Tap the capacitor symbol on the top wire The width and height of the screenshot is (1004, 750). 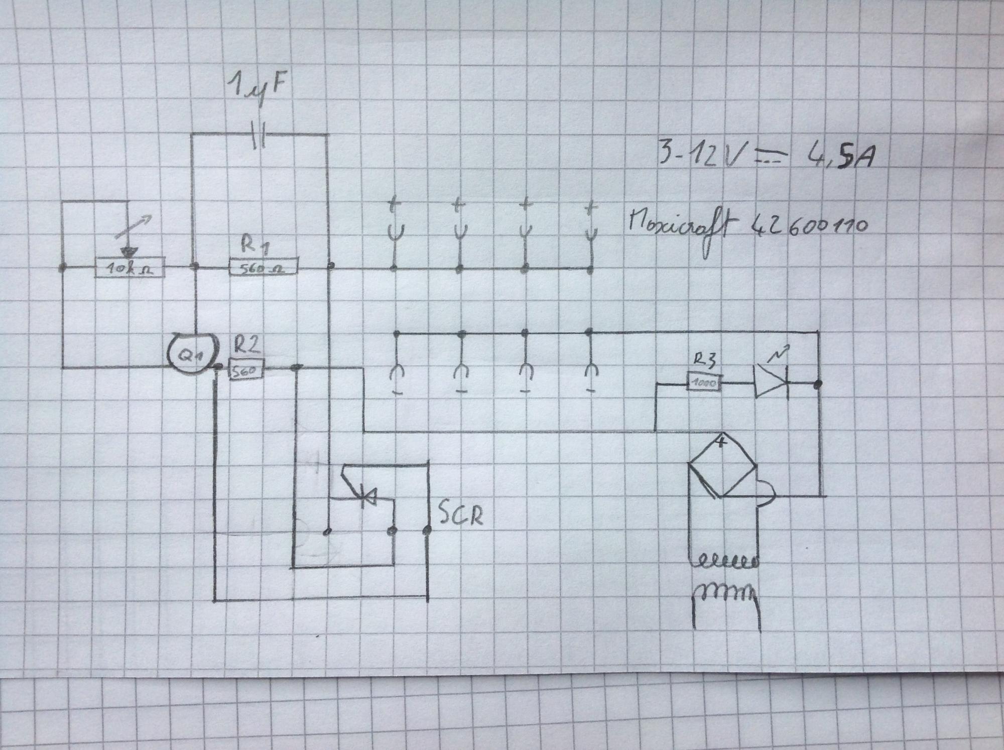tap(260, 136)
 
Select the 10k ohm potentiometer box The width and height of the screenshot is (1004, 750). tap(130, 269)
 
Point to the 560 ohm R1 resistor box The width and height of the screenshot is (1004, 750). tap(263, 268)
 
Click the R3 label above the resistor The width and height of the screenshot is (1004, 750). tap(705, 359)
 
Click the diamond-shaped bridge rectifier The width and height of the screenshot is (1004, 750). tap(722, 465)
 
